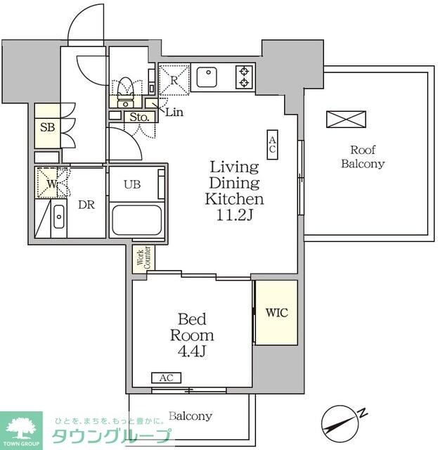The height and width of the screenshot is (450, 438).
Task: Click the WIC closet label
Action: [x=277, y=312]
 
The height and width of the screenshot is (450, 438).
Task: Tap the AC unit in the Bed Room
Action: [x=166, y=378]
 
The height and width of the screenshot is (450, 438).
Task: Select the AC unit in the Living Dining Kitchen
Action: [x=272, y=145]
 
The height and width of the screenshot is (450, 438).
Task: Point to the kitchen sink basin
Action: [x=207, y=77]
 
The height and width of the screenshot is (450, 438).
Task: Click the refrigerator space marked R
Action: [x=174, y=79]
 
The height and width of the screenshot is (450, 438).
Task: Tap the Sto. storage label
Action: [x=139, y=117]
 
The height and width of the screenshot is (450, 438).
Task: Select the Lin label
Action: [x=174, y=112]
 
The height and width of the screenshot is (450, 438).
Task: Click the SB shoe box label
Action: [x=47, y=127]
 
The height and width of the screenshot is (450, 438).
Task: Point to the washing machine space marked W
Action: [x=51, y=183]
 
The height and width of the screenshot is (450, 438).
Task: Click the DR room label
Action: [x=86, y=205]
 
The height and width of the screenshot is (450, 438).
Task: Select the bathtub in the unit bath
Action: [x=136, y=220]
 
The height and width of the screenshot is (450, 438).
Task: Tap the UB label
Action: [x=132, y=184]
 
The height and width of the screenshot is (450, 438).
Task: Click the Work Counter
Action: [x=143, y=259]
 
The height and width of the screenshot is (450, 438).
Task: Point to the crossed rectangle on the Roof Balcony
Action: [x=346, y=120]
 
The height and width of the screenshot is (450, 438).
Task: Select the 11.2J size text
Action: [x=234, y=215]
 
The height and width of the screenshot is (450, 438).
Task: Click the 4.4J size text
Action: [x=192, y=351]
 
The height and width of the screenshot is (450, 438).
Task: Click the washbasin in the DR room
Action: [x=59, y=217]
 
